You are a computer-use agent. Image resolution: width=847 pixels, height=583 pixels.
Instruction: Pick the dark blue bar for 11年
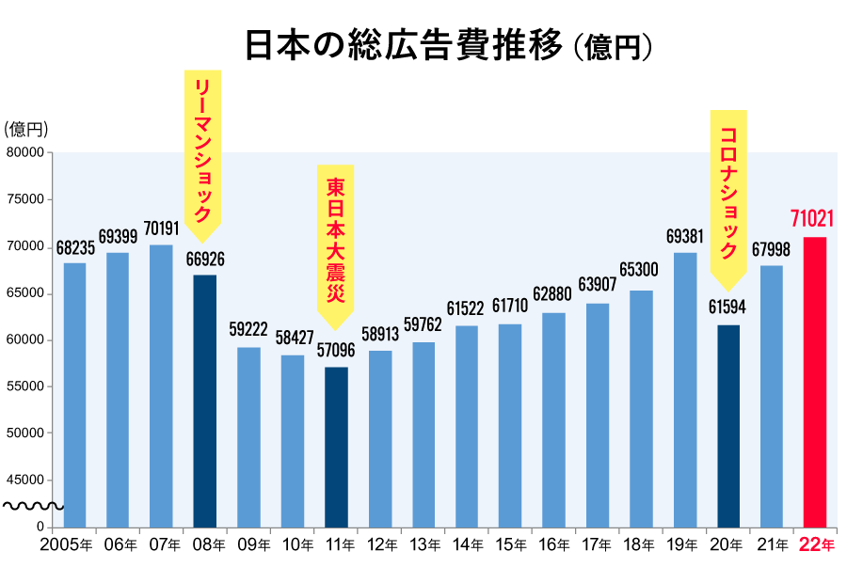tap(336, 447)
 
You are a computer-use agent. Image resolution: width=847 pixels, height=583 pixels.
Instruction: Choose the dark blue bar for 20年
tap(727, 425)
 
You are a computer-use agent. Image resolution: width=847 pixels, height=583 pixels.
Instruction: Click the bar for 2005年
tap(74, 395)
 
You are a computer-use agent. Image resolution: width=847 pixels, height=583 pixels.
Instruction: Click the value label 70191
tap(161, 228)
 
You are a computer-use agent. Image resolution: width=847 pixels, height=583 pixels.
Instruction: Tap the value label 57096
tap(336, 351)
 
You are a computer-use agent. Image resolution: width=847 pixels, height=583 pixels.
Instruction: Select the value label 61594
tap(727, 308)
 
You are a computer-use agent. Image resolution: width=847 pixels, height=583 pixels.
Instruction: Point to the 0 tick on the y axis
tap(40, 527)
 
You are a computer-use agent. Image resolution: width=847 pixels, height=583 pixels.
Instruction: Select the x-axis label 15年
tap(510, 545)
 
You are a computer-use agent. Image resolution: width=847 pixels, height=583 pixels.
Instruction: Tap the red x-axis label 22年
tap(815, 545)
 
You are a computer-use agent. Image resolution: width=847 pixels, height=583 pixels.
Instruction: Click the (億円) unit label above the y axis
tap(25, 129)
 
